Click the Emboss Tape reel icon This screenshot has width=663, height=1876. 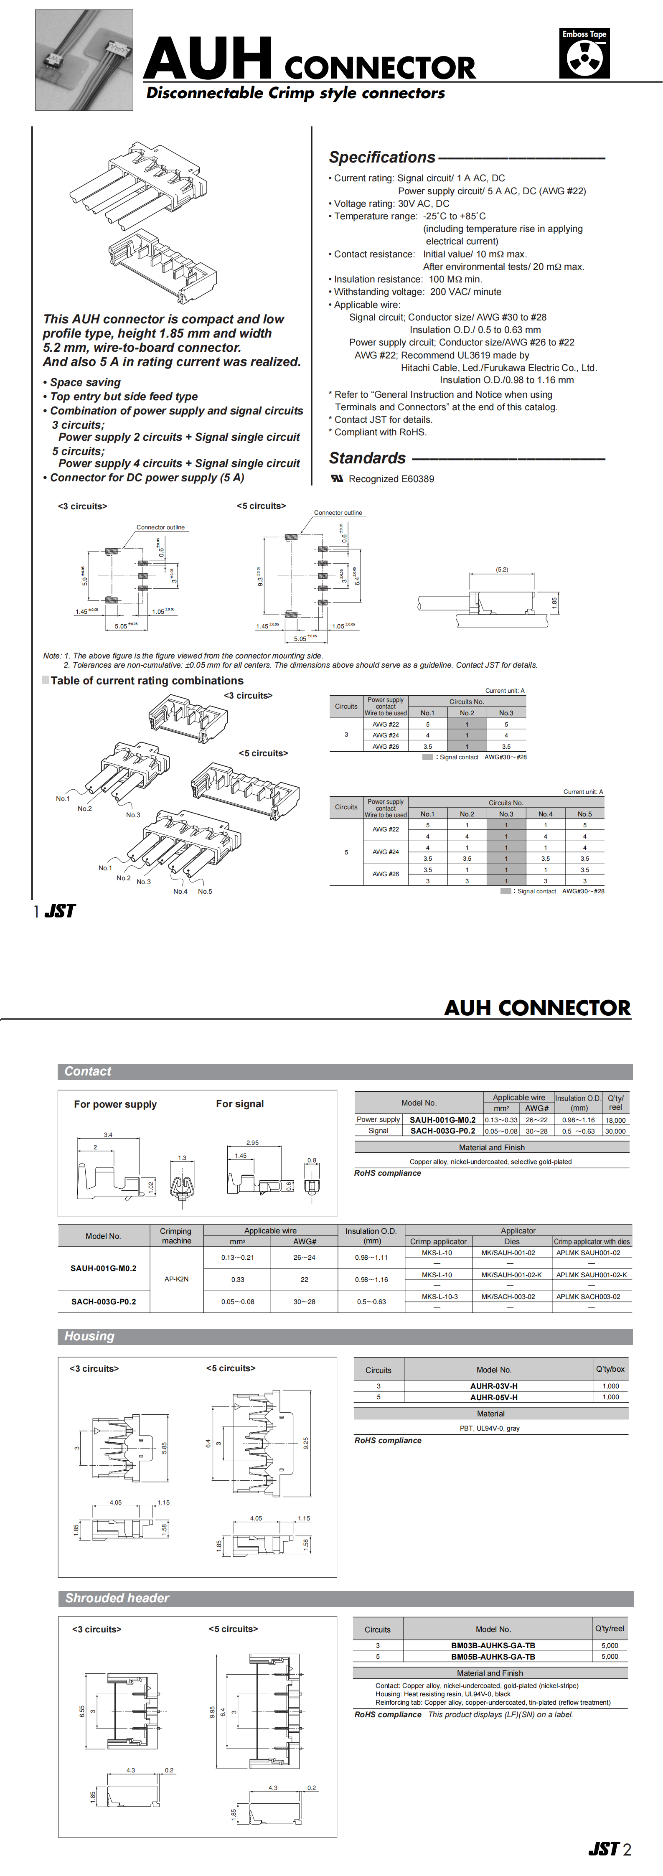click(584, 58)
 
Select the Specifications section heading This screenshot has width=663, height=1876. click(382, 157)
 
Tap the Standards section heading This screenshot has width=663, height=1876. click(367, 458)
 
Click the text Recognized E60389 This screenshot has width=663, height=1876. click(391, 479)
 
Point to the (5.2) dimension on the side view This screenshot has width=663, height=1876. click(502, 569)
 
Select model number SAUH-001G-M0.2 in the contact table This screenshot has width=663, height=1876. click(442, 1120)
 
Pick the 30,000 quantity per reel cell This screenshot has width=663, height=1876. click(615, 1131)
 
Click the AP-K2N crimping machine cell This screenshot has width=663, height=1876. click(176, 1279)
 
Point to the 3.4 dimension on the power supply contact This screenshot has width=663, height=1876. click(108, 1135)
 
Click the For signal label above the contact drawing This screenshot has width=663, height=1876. click(240, 1104)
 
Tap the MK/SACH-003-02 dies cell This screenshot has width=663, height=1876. click(508, 1296)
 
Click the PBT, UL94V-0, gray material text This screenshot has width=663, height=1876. click(490, 1428)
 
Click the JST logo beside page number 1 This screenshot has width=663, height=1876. click(60, 911)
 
